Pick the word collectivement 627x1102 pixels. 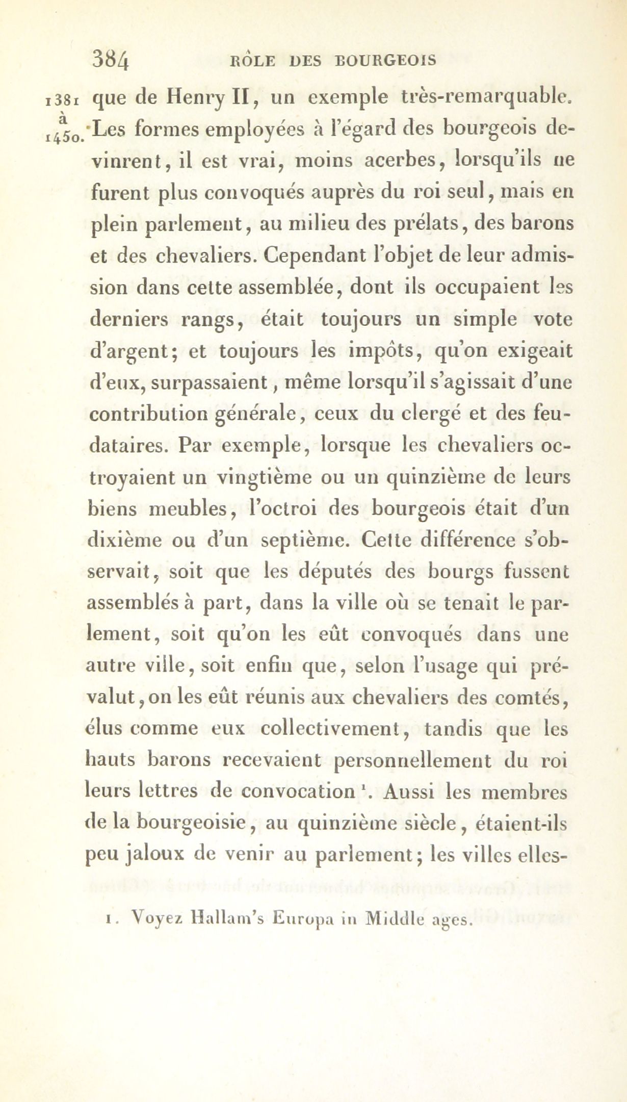[x=332, y=728]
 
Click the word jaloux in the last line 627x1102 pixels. [x=154, y=856]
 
